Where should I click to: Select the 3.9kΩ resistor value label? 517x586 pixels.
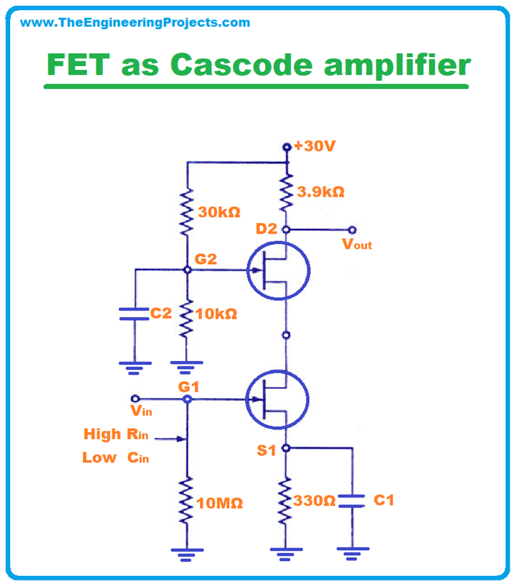[320, 191]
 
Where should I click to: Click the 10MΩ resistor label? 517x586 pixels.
[219, 502]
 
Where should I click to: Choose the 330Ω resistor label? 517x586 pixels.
[314, 500]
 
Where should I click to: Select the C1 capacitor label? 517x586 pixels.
[384, 500]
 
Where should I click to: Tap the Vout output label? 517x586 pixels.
[357, 244]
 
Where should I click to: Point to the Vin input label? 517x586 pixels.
[142, 410]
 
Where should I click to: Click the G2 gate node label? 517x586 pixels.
[206, 258]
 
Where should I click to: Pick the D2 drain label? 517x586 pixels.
[266, 229]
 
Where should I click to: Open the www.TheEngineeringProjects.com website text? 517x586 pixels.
[135, 23]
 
